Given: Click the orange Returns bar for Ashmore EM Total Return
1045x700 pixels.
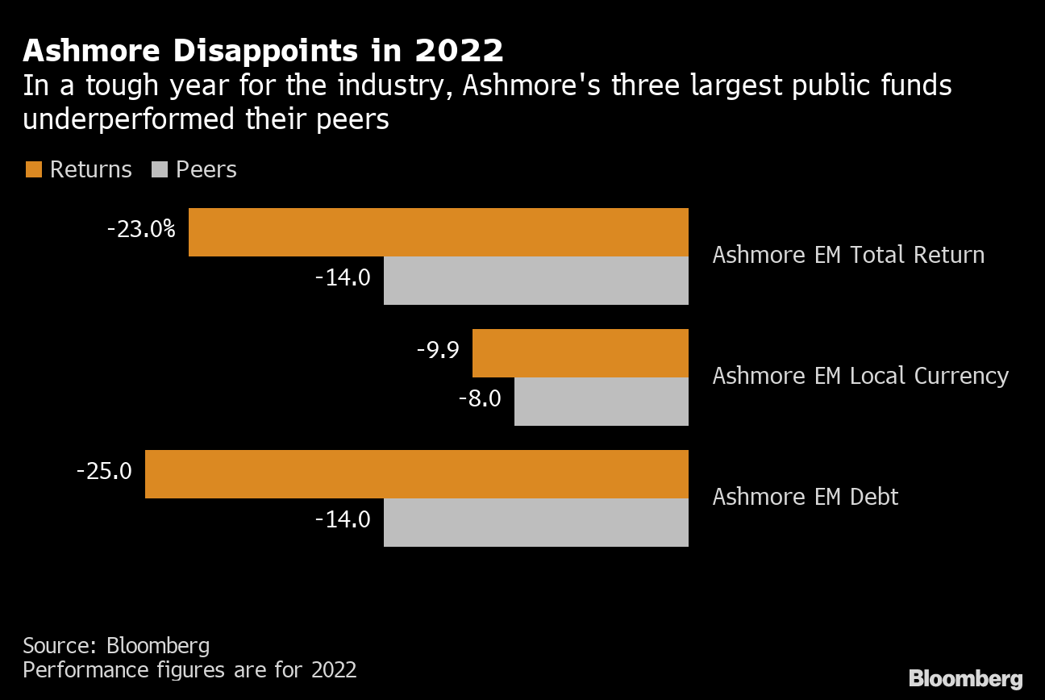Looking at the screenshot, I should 438,232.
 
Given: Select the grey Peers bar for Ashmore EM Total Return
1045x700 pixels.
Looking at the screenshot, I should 535,281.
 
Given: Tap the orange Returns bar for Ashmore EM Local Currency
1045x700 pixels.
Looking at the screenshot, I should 580,353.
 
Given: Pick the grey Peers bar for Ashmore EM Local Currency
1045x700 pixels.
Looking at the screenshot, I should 601,402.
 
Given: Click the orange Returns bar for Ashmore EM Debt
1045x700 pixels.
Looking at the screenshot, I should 416,474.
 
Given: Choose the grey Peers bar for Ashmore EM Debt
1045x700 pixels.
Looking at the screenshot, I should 535,523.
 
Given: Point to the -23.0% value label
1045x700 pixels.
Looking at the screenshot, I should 141,230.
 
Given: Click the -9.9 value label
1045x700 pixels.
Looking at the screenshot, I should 438,351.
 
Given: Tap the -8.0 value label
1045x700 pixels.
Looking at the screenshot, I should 480,398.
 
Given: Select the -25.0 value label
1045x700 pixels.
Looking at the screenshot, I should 104,471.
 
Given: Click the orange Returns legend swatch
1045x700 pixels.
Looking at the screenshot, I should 33,169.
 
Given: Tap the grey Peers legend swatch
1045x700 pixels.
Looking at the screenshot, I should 159,169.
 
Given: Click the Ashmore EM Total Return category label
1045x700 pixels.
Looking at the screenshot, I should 848,256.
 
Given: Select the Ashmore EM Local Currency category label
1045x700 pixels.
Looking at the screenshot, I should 860,377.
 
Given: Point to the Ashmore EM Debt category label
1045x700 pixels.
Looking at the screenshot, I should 805,497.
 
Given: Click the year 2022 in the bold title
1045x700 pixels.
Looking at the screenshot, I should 459,51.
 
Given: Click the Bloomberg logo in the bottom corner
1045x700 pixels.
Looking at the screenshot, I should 965,678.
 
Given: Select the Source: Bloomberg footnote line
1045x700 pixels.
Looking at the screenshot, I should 116,646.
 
